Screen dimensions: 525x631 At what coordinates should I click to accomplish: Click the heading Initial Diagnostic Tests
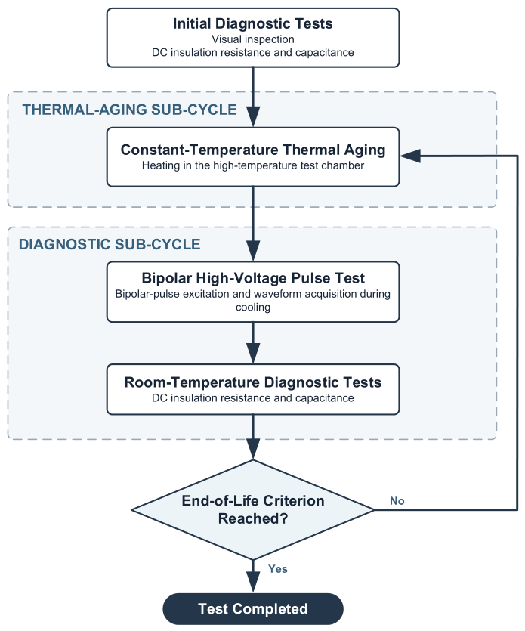point(252,23)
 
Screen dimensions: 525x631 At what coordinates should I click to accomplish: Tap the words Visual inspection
point(252,39)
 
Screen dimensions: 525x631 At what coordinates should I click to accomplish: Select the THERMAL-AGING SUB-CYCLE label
point(129,110)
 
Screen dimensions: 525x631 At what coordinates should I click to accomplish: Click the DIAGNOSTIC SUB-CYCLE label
point(110,244)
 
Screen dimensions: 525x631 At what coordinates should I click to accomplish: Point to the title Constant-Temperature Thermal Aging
point(252,150)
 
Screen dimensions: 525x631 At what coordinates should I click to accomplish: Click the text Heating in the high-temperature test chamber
point(252,165)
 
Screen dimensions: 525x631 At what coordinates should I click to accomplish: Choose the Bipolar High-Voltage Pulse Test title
point(252,278)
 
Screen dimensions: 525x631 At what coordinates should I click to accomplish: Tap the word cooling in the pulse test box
point(252,307)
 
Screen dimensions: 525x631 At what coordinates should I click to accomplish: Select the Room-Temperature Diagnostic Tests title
point(252,382)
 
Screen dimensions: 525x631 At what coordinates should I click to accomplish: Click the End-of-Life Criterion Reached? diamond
point(252,509)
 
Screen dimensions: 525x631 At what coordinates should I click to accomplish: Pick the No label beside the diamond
point(397,500)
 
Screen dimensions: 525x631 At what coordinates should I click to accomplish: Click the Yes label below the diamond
point(277,568)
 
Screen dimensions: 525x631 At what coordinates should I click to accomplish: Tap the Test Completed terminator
point(252,609)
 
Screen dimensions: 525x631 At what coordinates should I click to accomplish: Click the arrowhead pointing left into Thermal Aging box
point(410,156)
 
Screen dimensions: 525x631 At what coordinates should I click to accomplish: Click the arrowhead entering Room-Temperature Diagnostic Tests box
point(252,354)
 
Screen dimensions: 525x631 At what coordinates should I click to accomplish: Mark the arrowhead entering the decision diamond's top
point(252,450)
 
